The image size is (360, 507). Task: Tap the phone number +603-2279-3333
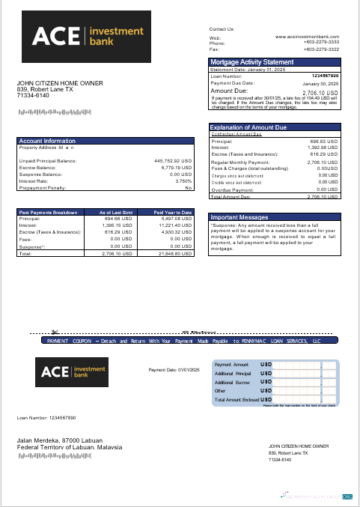click(321, 42)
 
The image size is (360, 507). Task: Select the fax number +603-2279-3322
click(321, 49)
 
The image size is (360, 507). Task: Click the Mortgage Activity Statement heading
click(251, 62)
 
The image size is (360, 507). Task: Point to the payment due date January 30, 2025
click(320, 83)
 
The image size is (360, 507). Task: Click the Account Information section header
click(47, 141)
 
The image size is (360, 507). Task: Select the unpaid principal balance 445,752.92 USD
click(173, 160)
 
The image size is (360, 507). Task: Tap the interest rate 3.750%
click(183, 180)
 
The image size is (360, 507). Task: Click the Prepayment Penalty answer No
click(189, 187)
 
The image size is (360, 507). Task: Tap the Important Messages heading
click(239, 216)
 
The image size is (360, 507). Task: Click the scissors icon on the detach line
click(55, 332)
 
